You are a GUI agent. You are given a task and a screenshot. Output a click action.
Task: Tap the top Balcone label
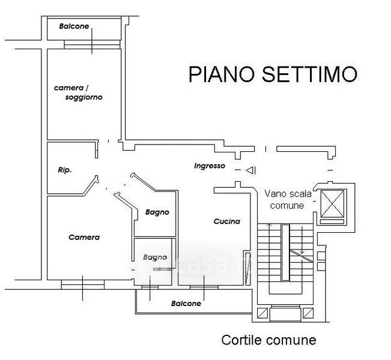point(74,26)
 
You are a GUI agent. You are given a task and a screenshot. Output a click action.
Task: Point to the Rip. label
point(65,170)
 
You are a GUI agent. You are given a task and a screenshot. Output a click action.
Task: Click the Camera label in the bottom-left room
point(83,237)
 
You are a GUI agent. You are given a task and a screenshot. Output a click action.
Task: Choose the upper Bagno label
point(157,212)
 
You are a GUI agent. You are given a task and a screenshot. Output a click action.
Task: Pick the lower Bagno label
point(154,257)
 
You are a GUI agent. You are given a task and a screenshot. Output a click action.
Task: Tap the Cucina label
point(226,221)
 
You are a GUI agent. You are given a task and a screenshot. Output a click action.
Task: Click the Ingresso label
point(209,166)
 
